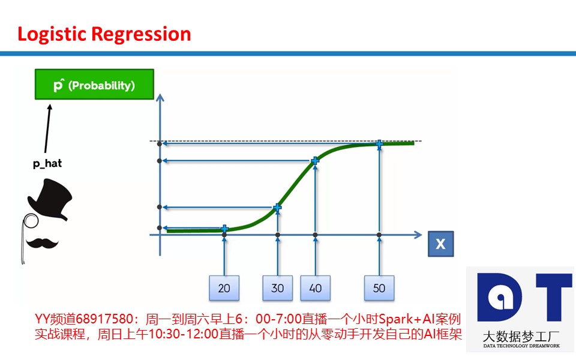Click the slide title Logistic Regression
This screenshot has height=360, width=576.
coord(104,35)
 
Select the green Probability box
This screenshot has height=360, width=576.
coord(94,84)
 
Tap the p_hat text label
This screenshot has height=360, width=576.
coord(47,163)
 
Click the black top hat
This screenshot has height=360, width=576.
coord(50,199)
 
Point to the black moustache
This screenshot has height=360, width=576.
coord(42,243)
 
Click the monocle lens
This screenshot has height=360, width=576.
coord(31,220)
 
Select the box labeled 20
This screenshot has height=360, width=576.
coord(224,288)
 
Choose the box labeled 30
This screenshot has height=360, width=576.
coord(278,288)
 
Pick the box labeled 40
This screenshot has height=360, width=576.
coord(315,288)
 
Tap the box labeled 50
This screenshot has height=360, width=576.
coord(379,288)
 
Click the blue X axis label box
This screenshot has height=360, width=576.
coord(441,244)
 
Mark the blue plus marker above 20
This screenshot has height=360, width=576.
coord(224,229)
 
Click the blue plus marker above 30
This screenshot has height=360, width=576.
coord(278,208)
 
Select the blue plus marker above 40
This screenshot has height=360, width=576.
coord(315,161)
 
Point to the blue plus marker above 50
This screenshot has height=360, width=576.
coord(379,143)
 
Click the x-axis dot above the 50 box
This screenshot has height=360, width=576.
coord(379,235)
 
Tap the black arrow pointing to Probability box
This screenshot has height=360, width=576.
coord(48,128)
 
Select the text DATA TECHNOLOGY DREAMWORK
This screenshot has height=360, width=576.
coord(521,346)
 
